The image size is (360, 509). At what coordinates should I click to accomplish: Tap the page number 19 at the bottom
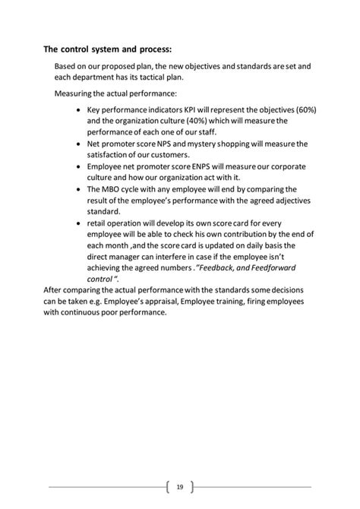point(180,486)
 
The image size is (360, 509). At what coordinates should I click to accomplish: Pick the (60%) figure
point(301,110)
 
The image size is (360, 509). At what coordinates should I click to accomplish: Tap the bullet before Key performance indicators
point(81,111)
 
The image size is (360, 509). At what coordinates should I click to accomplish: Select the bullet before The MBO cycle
point(81,188)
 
